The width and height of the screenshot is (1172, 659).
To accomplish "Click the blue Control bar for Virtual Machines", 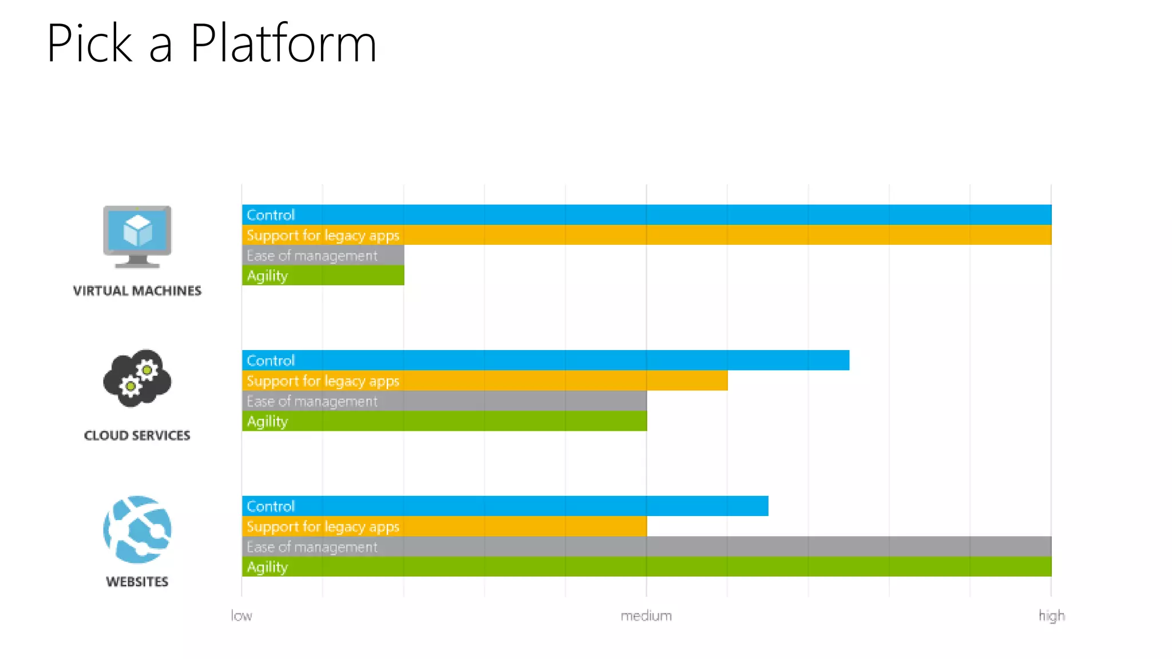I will point(647,215).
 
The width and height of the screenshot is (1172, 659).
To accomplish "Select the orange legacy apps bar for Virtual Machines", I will point(647,235).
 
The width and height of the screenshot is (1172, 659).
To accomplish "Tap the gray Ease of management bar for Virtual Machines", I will point(323,255).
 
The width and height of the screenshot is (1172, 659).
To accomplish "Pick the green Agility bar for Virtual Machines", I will point(323,276).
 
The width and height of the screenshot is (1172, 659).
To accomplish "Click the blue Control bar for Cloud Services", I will point(545,360).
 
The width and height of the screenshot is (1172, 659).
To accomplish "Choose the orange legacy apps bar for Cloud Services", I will point(485,381).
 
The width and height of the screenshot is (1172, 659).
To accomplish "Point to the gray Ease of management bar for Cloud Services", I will point(444,401).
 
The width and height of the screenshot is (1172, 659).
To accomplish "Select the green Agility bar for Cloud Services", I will point(444,421).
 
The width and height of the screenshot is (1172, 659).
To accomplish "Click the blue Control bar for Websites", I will point(505,506).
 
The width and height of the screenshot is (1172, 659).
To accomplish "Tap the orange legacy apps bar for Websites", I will point(444,526).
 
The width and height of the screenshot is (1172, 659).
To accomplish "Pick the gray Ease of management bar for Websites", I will point(647,547).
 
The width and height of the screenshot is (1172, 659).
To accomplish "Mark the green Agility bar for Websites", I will point(647,567).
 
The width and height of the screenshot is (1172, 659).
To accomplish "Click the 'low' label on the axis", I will point(241,616).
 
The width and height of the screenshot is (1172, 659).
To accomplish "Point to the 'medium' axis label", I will point(646,616).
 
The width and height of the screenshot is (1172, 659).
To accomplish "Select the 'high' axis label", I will point(1051,616).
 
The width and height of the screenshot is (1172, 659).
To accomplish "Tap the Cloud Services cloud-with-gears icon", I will point(137,378).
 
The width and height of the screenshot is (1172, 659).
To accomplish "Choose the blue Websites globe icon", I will point(137,530).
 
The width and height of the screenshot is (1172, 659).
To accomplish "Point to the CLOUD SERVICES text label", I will point(137,435).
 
